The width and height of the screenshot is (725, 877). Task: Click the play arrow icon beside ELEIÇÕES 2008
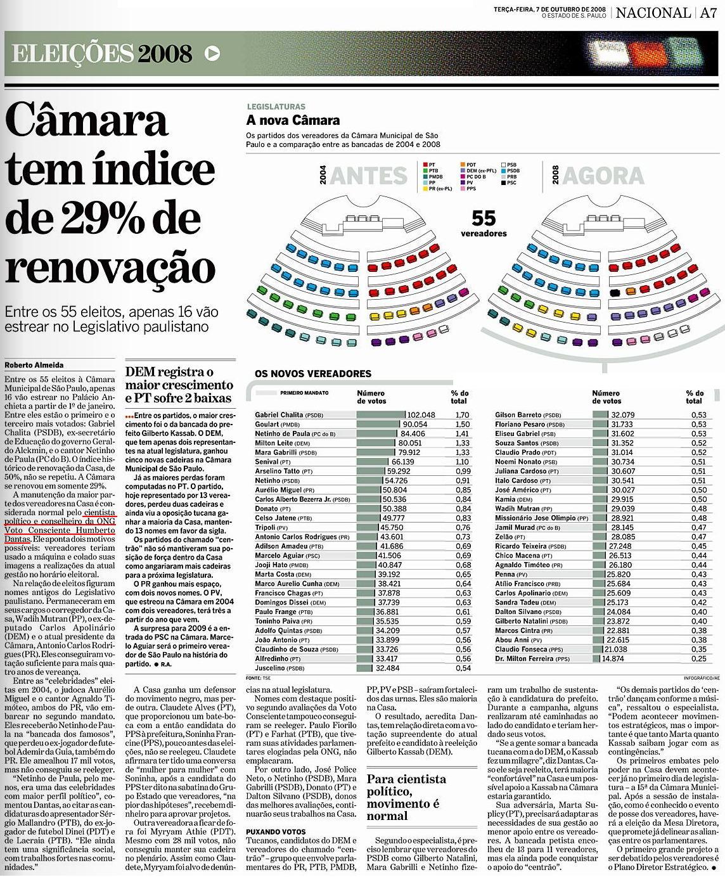coord(213,54)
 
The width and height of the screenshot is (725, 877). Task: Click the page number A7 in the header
coord(708,13)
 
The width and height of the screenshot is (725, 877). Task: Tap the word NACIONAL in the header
coord(653,13)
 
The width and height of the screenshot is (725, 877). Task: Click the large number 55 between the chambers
coord(484,218)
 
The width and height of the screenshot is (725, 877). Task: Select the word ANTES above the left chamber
coord(368,176)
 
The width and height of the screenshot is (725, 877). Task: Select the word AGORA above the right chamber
coord(603,176)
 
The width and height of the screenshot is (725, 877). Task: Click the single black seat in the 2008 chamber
coord(613,293)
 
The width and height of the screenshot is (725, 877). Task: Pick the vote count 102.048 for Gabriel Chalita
coord(421,415)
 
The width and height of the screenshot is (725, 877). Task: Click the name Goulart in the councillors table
coord(267,425)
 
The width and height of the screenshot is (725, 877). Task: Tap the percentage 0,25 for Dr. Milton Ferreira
coord(698,659)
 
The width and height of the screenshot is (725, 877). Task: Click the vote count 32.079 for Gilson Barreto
coord(622,415)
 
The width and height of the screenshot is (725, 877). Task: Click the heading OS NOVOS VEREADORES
coord(313,374)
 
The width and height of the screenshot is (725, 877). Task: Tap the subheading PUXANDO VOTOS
coord(276,832)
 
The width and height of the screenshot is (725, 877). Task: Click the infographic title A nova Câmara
coord(293,120)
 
